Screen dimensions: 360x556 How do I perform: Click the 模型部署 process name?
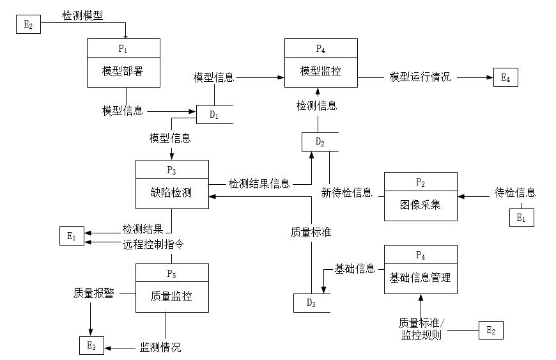(x=123, y=71)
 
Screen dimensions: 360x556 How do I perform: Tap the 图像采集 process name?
(x=420, y=205)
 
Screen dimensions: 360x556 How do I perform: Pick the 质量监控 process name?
(x=171, y=297)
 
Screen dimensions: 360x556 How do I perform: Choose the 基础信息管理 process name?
(x=420, y=278)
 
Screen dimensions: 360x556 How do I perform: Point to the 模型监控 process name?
(x=321, y=71)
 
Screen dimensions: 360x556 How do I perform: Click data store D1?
(x=213, y=115)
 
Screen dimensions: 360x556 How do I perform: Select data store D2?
(x=320, y=141)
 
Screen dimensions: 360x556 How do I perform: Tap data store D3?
(x=311, y=303)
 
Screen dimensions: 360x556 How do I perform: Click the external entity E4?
(x=506, y=78)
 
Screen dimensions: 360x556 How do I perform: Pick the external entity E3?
(x=91, y=346)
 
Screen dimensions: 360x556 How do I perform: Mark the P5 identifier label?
(x=171, y=274)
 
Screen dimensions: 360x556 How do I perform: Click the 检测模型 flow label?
(x=82, y=14)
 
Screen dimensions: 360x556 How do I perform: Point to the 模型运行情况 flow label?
(x=420, y=77)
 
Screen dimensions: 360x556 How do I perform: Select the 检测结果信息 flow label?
(x=259, y=184)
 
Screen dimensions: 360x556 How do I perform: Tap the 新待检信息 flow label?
(x=346, y=192)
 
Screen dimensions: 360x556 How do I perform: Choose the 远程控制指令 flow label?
(x=153, y=244)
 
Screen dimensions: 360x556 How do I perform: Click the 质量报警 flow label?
(x=94, y=293)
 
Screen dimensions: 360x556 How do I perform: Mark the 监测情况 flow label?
(x=160, y=347)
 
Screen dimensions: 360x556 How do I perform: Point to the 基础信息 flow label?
(x=355, y=269)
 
